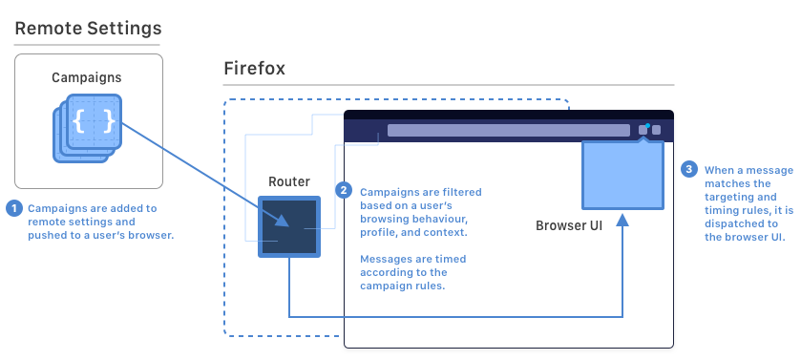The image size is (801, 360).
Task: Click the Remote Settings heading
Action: (x=88, y=29)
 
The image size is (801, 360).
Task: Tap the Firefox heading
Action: (x=254, y=69)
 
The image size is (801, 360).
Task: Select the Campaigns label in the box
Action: (x=87, y=76)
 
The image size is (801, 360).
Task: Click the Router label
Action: (x=289, y=181)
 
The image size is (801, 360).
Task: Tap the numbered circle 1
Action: (x=14, y=207)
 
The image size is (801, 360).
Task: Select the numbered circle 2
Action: (x=344, y=190)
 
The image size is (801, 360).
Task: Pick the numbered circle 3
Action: (x=688, y=169)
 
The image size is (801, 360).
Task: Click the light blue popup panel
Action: (x=623, y=174)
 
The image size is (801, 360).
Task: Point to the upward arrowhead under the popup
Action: (x=622, y=221)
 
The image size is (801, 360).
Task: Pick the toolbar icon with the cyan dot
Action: (x=644, y=129)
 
